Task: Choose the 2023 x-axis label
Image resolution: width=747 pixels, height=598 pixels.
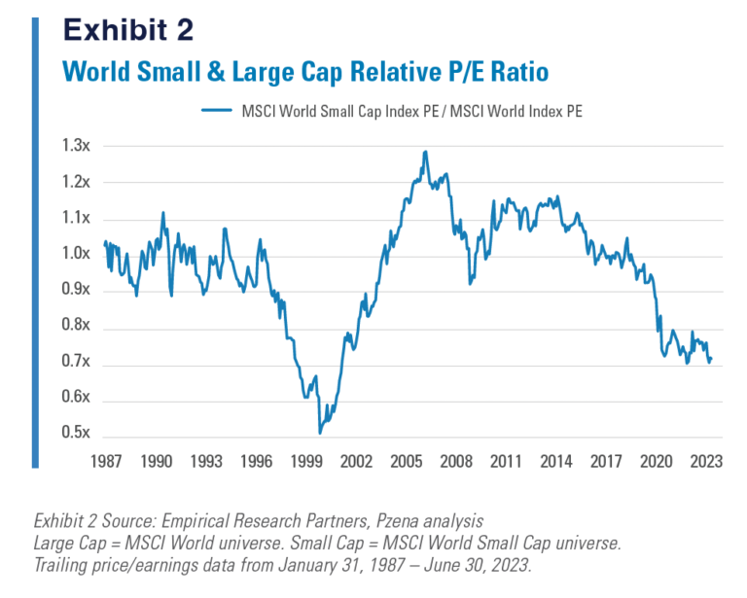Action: click(703, 462)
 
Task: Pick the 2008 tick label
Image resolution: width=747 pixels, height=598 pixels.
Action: click(457, 462)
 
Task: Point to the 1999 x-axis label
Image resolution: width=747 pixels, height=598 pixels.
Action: click(306, 462)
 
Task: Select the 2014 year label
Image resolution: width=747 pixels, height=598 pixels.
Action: click(555, 462)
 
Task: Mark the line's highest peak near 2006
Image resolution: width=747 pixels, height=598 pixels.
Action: click(425, 152)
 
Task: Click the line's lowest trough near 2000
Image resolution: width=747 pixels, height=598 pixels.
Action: click(319, 433)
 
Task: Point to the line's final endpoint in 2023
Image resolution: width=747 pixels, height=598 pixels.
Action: click(711, 360)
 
